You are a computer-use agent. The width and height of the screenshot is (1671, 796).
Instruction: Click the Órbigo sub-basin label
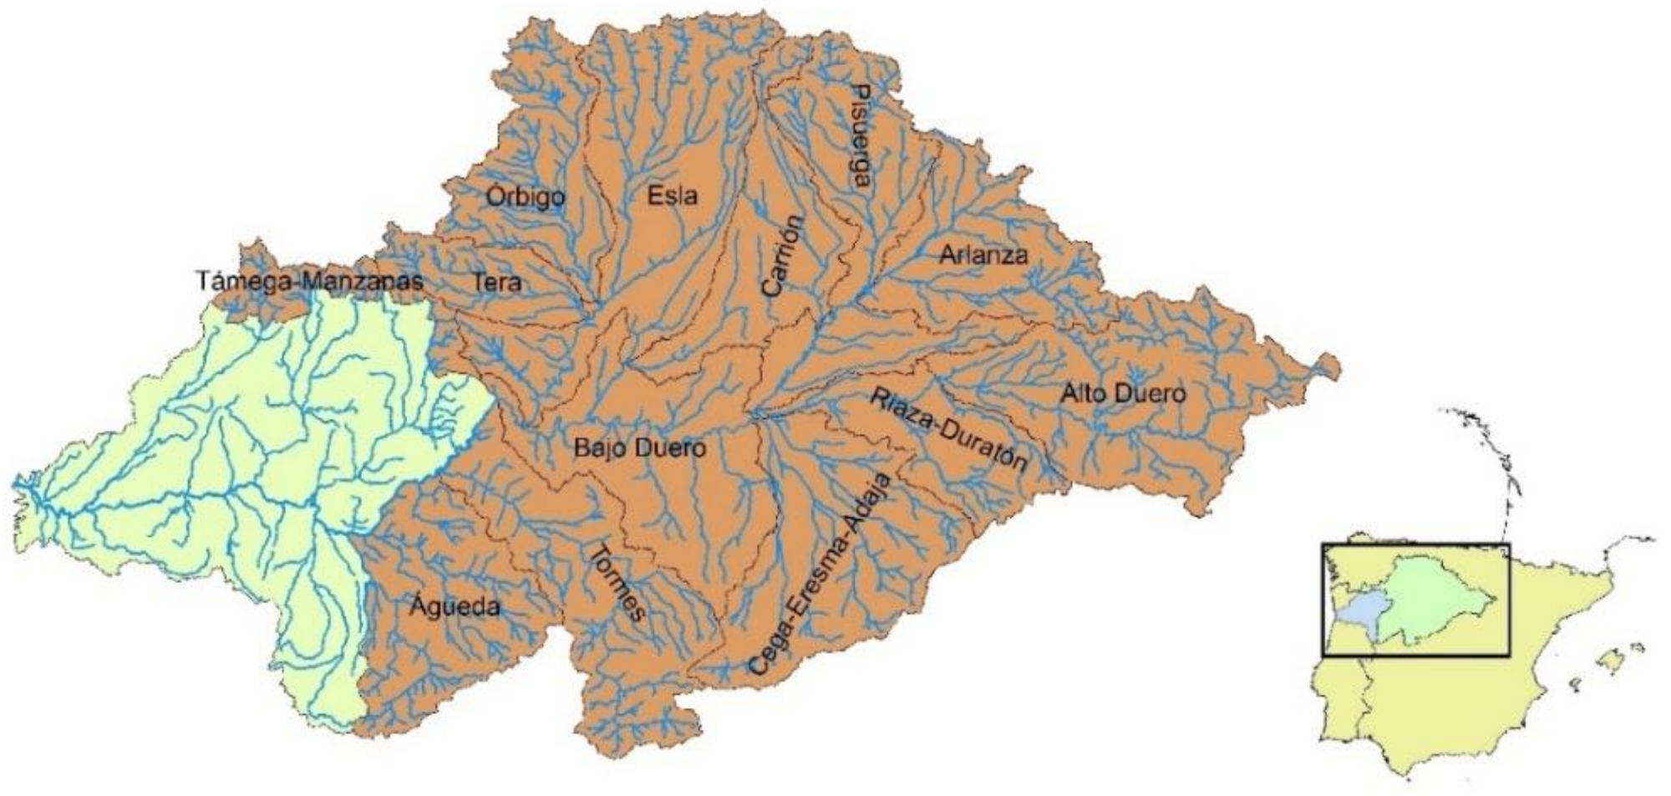pos(525,198)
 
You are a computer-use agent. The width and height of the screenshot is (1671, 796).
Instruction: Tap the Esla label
pos(672,196)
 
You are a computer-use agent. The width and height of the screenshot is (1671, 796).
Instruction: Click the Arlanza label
pos(983,254)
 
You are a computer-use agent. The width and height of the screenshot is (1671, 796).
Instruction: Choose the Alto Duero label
pos(1122,393)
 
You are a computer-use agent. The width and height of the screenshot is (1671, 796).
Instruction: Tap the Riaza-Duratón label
pos(947,431)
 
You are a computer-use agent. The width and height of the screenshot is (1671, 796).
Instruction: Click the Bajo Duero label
pos(639,448)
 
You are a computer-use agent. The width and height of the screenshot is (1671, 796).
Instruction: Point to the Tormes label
pos(619,584)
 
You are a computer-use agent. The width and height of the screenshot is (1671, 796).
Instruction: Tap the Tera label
pos(497,282)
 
